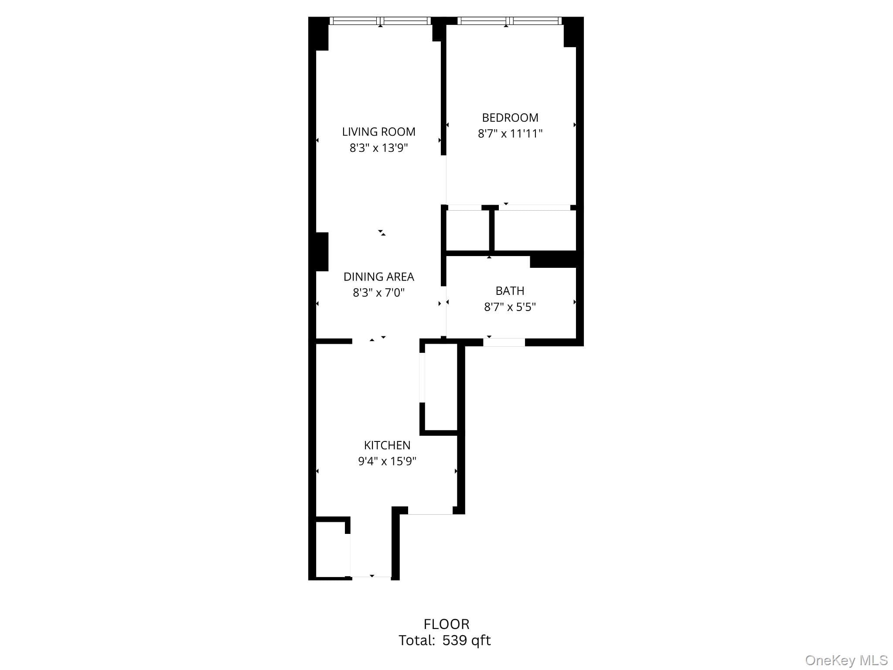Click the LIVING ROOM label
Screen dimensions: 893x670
[x=378, y=132]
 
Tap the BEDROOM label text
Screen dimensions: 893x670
[x=510, y=118]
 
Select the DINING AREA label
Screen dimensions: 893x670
[x=378, y=277]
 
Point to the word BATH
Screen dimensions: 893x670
[x=510, y=291]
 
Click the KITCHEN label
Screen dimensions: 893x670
[x=387, y=445]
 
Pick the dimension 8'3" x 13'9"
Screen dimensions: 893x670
[x=378, y=148]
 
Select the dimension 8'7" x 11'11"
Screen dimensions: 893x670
[x=510, y=133]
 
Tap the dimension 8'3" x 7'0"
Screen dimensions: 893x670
[x=378, y=292]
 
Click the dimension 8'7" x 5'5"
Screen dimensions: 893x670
[x=510, y=307]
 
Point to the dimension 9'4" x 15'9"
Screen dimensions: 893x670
[x=387, y=461]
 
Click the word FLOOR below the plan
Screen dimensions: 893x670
[x=446, y=624]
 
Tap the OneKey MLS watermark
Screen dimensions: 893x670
[x=846, y=660]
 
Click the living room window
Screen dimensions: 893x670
[x=380, y=21]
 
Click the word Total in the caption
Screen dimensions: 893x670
[x=416, y=640]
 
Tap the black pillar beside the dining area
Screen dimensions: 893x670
[x=321, y=252]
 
